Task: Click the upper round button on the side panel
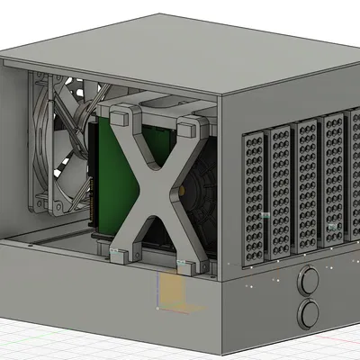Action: point(310,281)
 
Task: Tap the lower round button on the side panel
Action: point(310,312)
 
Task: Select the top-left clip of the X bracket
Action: point(118,114)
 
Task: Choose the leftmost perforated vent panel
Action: point(254,198)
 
